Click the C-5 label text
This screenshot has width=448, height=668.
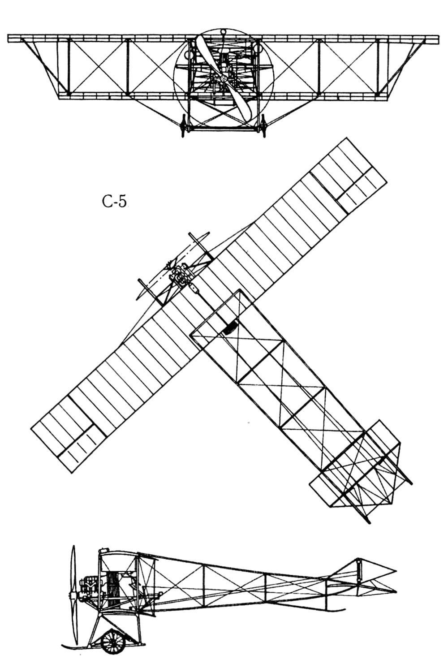click(114, 202)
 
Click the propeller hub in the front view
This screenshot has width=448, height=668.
click(223, 79)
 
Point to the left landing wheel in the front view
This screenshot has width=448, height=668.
click(183, 126)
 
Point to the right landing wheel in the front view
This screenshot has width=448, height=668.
click(263, 126)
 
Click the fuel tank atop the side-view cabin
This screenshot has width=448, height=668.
click(104, 549)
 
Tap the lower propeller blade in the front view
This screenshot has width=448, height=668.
click(241, 105)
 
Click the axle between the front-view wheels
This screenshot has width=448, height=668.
click(223, 129)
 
